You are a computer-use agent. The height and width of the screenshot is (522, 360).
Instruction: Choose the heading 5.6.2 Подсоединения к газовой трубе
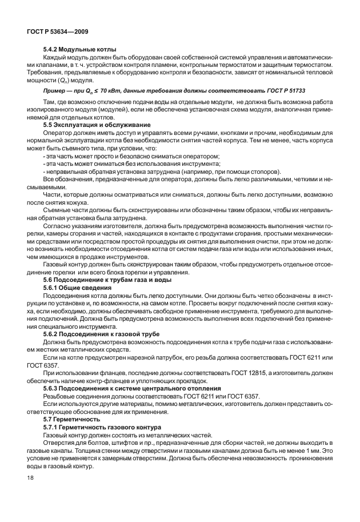click(x=102, y=333)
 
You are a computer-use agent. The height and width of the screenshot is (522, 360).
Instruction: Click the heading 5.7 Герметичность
click(x=67, y=419)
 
